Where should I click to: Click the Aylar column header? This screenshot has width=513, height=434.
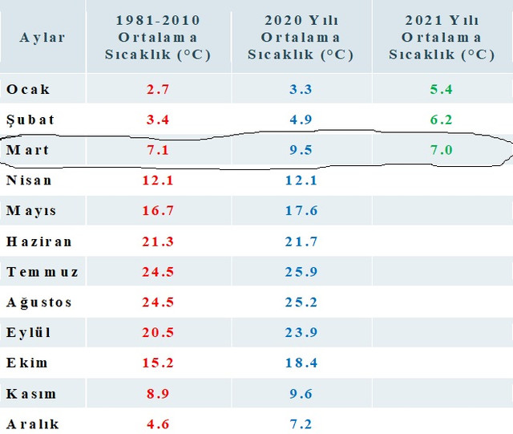(42, 38)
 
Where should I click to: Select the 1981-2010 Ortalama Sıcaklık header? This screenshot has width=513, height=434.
(158, 38)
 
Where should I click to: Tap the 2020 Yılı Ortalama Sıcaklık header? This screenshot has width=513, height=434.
(301, 38)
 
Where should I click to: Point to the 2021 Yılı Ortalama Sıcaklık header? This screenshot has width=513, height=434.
(442, 38)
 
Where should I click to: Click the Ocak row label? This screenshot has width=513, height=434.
(28, 89)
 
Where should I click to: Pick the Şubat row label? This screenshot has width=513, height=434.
(30, 120)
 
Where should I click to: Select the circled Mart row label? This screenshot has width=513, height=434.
(27, 150)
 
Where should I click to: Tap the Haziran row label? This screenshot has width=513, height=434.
(39, 241)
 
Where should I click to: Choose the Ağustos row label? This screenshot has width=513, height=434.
(39, 302)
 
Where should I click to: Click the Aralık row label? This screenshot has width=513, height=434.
(33, 424)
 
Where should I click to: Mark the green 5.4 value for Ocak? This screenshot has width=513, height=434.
(442, 89)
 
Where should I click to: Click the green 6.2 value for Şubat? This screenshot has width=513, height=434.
(442, 120)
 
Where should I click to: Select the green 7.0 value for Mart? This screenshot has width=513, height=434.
(442, 150)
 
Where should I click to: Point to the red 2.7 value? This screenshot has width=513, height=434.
(158, 89)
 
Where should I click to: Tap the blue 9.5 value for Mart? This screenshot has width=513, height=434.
(301, 150)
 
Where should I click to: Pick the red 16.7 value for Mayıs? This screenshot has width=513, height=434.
(158, 211)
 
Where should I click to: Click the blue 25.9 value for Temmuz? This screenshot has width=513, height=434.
(301, 272)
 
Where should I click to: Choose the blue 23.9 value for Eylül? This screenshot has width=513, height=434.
(301, 332)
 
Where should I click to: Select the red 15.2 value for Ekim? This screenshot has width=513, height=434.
(158, 363)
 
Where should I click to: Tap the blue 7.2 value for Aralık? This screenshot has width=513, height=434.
(301, 424)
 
